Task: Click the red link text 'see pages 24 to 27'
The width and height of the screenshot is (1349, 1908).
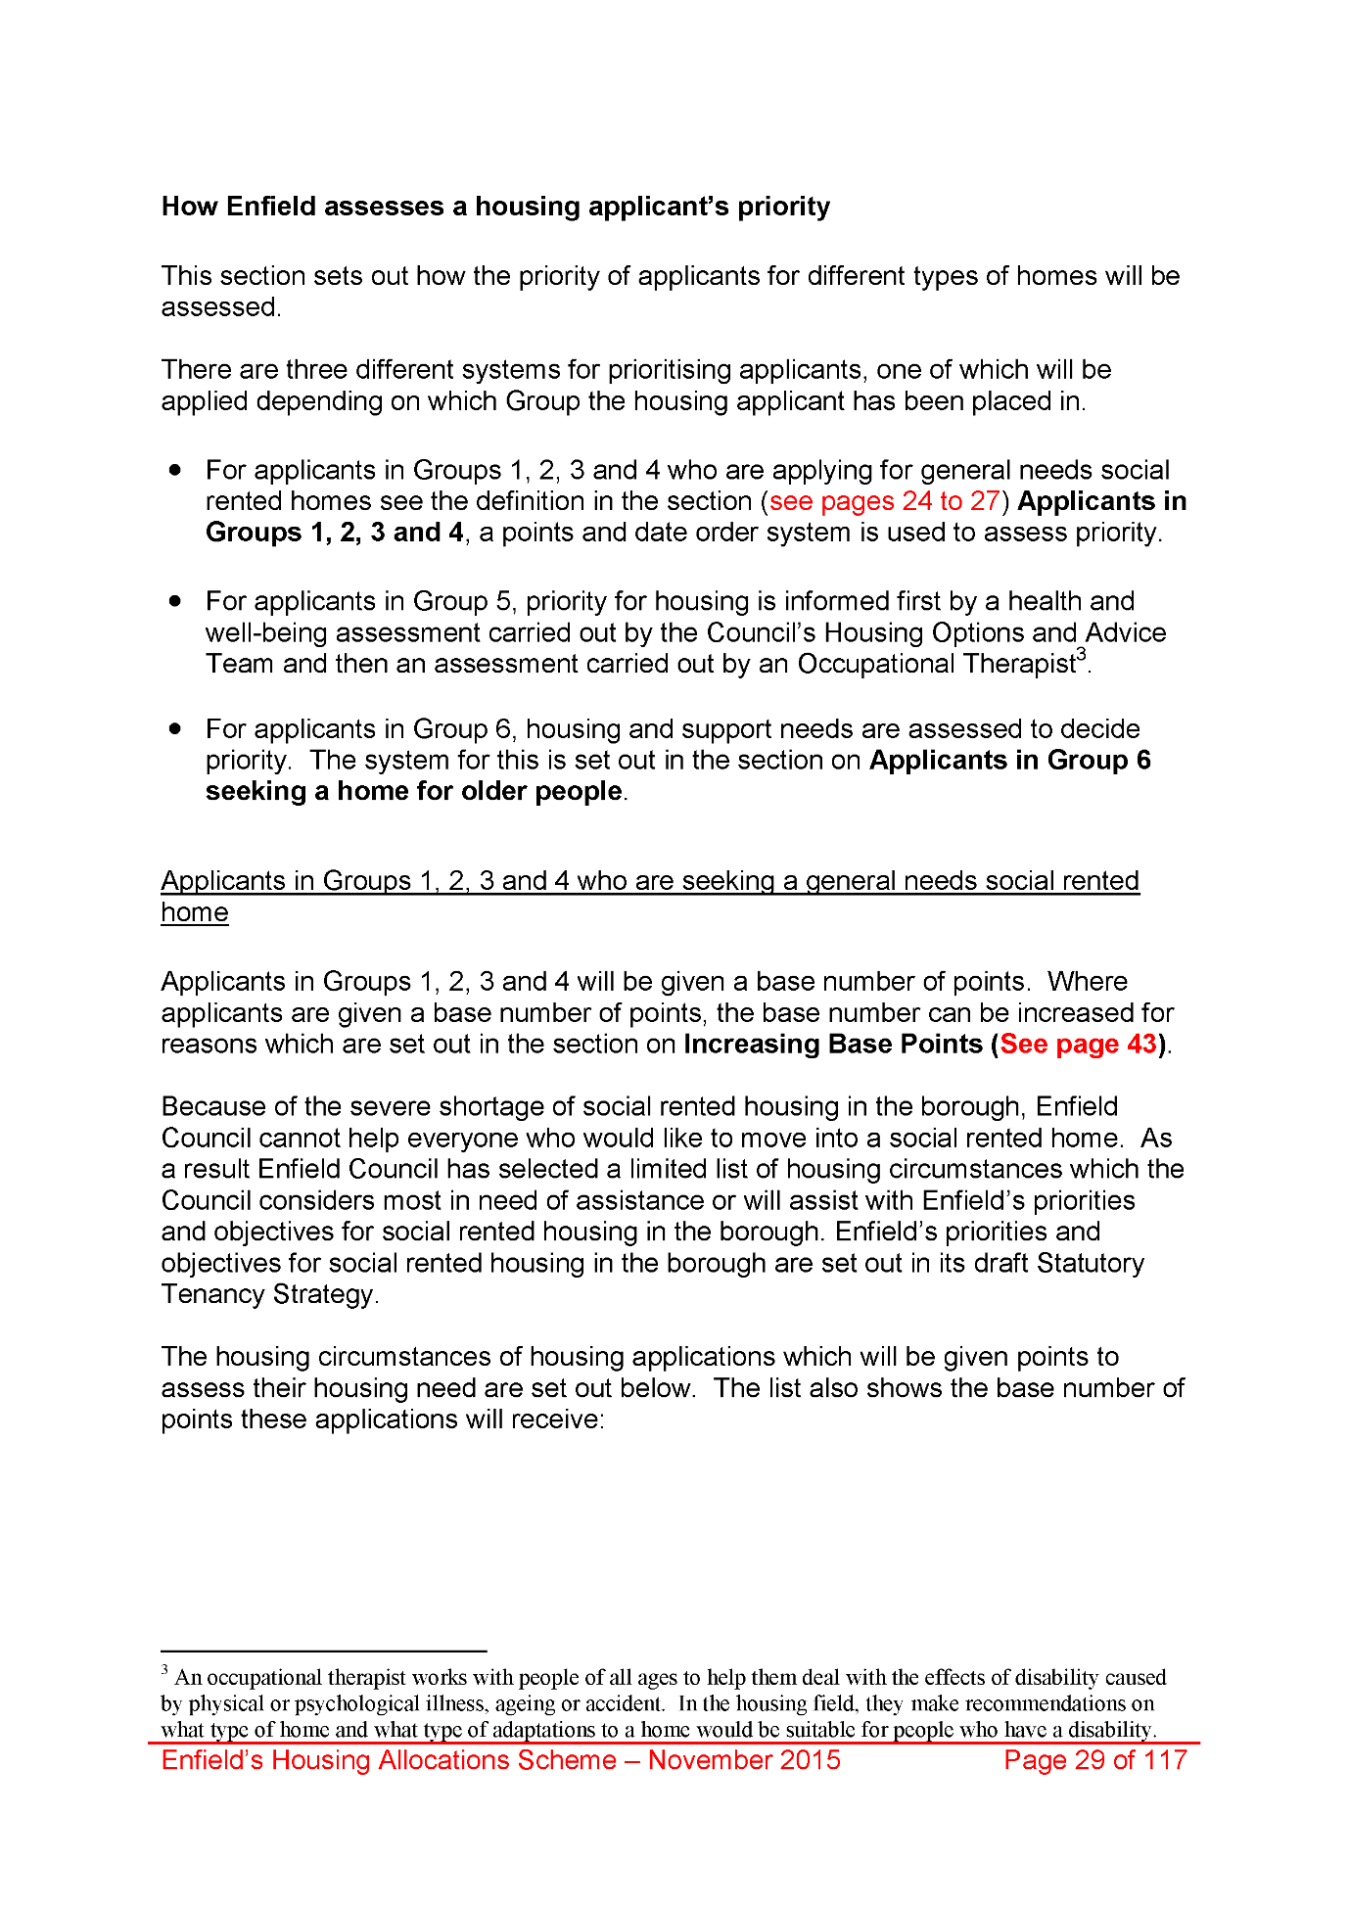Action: [x=884, y=501]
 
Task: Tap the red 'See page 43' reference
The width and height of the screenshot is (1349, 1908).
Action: [x=1078, y=1044]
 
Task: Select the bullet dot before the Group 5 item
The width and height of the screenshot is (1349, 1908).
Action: [x=175, y=600]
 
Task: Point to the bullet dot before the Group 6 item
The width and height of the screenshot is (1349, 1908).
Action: [x=175, y=728]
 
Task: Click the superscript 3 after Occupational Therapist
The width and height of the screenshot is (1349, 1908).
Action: [x=1082, y=654]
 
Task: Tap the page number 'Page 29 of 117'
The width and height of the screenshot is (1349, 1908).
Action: [x=1094, y=1760]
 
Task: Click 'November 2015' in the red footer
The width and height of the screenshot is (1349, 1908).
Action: [x=744, y=1760]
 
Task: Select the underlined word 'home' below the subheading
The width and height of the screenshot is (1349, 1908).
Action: [x=195, y=912]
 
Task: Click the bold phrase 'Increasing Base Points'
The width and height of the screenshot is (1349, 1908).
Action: [x=833, y=1044]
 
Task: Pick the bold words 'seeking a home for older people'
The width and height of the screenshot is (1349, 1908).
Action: [x=414, y=791]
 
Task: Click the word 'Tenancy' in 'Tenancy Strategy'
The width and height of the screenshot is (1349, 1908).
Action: [x=213, y=1294]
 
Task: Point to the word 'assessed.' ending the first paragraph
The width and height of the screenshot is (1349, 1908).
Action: [x=221, y=307]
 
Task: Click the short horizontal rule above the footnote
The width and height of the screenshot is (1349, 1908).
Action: [x=324, y=1651]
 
